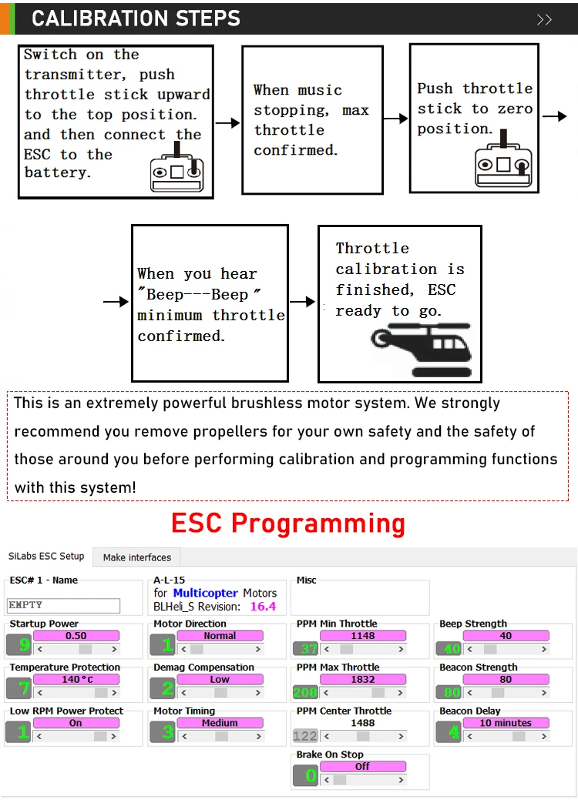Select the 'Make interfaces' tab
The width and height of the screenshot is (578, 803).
137,557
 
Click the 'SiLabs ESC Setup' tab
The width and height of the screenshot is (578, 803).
46,556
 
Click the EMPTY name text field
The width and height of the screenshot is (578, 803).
63,606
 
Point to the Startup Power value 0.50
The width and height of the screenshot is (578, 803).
76,636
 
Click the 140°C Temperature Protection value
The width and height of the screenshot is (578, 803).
76,680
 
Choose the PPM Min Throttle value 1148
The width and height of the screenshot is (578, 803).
362,636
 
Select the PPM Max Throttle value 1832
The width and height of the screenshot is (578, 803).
362,680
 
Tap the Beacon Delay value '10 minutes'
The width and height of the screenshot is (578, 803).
506,723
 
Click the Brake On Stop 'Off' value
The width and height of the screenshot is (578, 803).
362,767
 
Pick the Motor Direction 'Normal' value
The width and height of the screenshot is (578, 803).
219,636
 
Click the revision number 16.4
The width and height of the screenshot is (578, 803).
262,607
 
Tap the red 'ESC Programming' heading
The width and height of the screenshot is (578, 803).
288,524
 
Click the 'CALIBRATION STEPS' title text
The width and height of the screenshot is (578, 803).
136,18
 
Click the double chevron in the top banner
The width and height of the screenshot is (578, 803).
544,19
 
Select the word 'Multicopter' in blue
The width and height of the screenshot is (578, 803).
206,593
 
